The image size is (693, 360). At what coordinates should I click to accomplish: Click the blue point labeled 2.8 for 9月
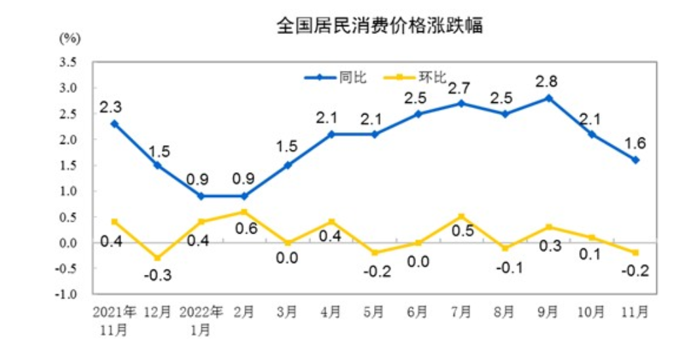[x=549, y=98]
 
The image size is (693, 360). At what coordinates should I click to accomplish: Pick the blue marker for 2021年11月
[x=115, y=124]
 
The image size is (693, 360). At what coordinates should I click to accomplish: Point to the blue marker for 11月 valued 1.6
[x=635, y=160]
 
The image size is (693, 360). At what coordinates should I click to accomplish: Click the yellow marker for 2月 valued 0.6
[x=244, y=211]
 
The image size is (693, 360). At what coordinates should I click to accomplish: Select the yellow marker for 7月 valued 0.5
[x=462, y=217]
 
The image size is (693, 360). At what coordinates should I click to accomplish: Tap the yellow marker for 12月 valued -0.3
[x=158, y=258]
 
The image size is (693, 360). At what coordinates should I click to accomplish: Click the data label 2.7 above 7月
[x=460, y=87]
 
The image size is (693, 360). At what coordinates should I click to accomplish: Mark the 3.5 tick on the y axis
[x=69, y=62]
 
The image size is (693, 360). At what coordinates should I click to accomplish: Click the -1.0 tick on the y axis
[x=67, y=295]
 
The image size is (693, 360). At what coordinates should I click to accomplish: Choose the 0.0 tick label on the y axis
[x=69, y=243]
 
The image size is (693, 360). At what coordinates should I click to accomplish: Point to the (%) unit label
[x=70, y=38]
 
